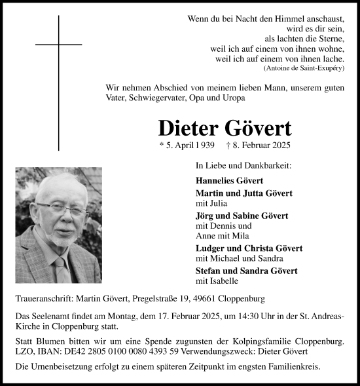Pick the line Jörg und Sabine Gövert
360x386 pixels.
point(242,216)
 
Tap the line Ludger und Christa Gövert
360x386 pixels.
point(248,248)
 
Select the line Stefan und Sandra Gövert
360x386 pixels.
point(246,271)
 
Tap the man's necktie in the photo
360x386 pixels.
point(62,269)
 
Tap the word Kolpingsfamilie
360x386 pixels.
point(258,341)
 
